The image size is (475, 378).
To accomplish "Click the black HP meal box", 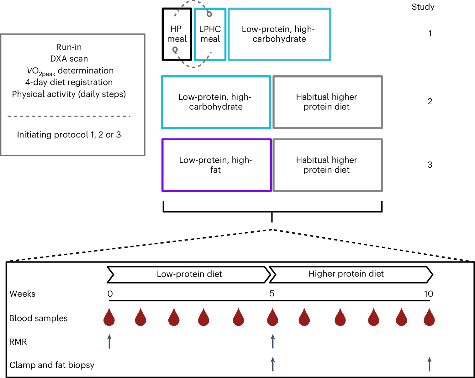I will (177, 34).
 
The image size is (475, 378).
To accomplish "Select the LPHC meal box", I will (210, 34).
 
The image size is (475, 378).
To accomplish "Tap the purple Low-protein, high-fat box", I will (216, 165).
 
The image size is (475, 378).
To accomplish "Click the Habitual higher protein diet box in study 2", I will (327, 102).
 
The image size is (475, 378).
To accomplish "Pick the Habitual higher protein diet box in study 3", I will (327, 165).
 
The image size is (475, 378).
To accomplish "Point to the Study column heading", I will (423, 7).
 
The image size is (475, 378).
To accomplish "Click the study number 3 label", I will (430, 165).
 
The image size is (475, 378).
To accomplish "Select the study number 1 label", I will (430, 34).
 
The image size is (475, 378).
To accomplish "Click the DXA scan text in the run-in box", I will (69, 59).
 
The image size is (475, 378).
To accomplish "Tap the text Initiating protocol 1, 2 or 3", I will (69, 135).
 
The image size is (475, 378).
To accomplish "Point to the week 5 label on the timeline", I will (272, 294).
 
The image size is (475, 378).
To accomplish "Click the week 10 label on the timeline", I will (428, 294).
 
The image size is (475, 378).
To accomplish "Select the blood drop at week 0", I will (109, 318).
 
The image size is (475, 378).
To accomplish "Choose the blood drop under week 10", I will (429, 318).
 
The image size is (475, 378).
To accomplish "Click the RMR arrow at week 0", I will (109, 342).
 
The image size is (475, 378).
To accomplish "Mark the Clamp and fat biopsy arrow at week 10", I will (430, 364).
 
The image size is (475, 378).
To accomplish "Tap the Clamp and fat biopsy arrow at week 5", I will (273, 364).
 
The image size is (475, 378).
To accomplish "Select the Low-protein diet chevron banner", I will (189, 274).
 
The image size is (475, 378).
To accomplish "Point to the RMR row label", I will (18, 342).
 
